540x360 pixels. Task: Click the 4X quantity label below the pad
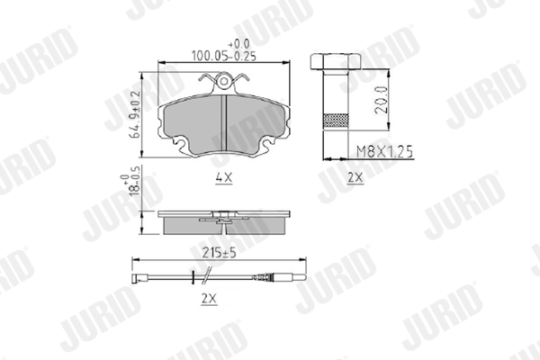click(223, 178)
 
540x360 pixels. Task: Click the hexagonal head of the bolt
click(335, 63)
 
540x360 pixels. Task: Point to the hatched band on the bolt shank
click(335, 119)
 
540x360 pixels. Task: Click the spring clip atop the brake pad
click(223, 83)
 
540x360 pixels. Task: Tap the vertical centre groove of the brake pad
click(223, 117)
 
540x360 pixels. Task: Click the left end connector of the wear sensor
click(138, 275)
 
